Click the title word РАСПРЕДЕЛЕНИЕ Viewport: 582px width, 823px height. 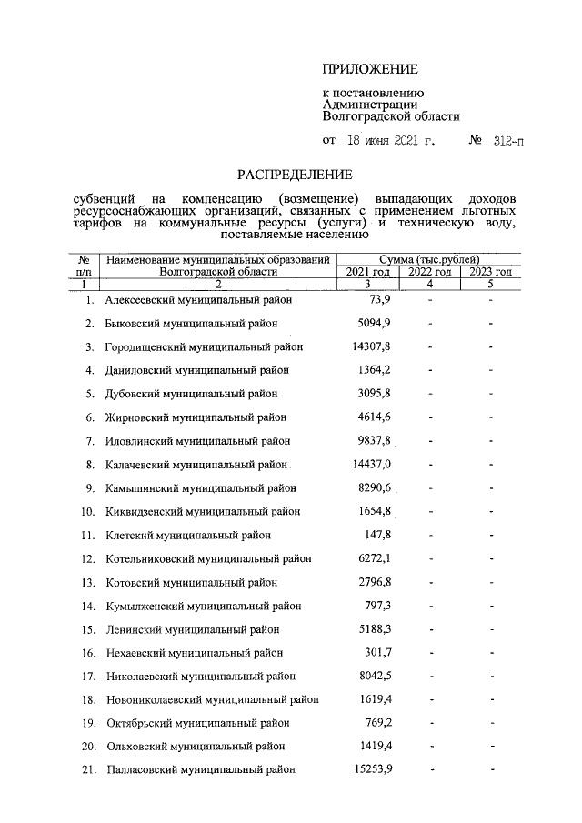[x=295, y=174]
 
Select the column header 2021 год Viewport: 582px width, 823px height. [x=368, y=271]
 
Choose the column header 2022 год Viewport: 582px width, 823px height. [x=429, y=271]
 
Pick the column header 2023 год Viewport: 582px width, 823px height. [x=490, y=271]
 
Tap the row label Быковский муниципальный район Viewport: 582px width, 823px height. [x=192, y=323]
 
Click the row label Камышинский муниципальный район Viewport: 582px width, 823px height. [x=200, y=487]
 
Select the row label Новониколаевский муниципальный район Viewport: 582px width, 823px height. [x=212, y=699]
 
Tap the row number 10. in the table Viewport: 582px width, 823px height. [x=88, y=511]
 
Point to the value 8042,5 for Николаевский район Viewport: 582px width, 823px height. [x=373, y=676]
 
